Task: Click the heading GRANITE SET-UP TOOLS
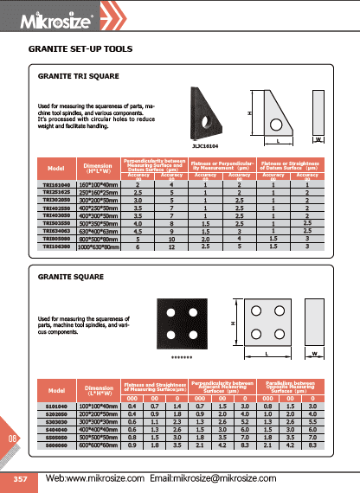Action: coord(80,50)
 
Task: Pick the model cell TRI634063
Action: coord(57,232)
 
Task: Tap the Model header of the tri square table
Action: coord(57,168)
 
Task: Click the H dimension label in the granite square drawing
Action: coord(232,323)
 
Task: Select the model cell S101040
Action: coord(57,405)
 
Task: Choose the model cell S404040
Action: coord(57,428)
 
